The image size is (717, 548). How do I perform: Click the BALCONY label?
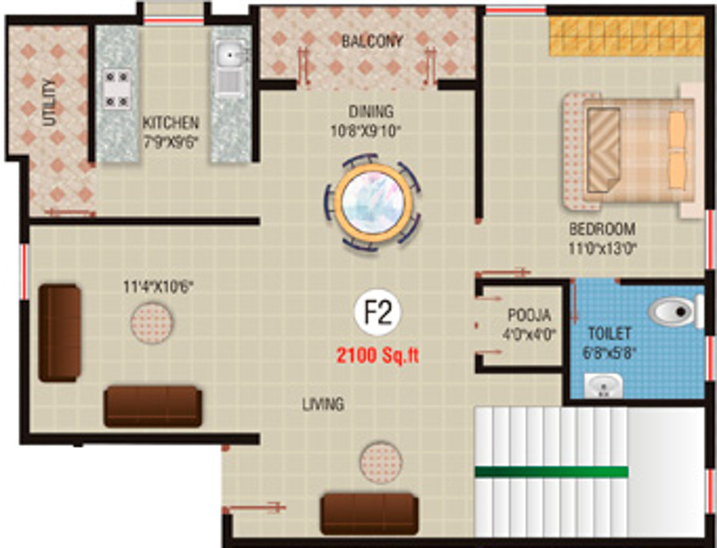click(x=372, y=41)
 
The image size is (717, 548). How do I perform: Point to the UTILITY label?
click(x=48, y=104)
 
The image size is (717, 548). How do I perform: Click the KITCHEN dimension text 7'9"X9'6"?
click(x=171, y=139)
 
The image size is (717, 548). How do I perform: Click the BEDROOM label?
click(x=601, y=228)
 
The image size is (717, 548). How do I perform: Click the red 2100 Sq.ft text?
click(x=377, y=355)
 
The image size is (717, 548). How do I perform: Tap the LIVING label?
click(x=323, y=405)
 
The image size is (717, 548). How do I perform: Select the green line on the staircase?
click(x=551, y=470)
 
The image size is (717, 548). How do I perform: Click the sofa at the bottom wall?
click(x=369, y=513)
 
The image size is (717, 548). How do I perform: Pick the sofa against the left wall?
click(x=60, y=333)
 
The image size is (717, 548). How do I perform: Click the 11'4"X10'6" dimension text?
click(x=159, y=287)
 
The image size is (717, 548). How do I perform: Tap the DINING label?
click(x=371, y=113)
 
